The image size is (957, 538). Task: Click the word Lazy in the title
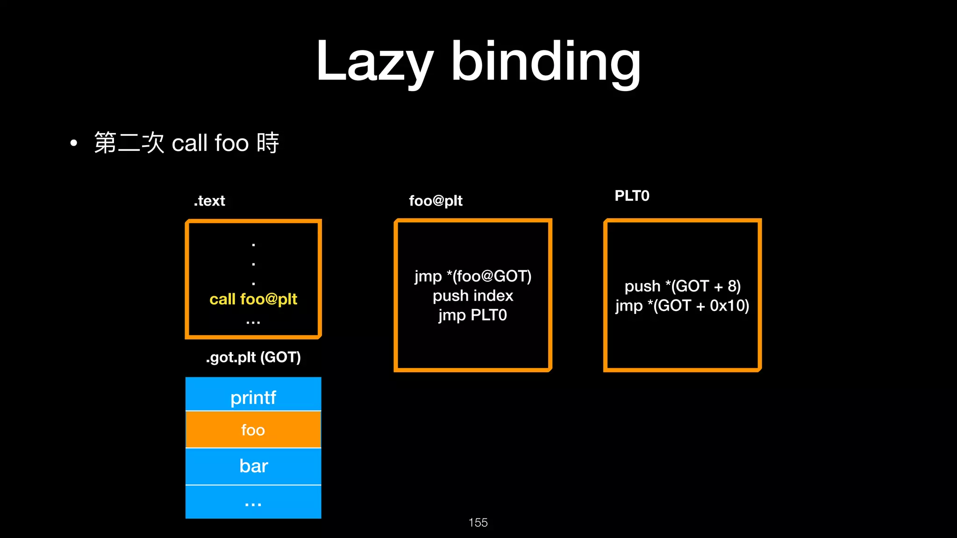tap(374, 62)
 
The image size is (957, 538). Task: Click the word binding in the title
tap(545, 62)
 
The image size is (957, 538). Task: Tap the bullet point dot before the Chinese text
tap(73, 143)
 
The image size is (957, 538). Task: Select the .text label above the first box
tap(209, 201)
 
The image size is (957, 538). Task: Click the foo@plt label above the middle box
tap(436, 201)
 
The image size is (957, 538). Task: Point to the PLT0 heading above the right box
tap(632, 196)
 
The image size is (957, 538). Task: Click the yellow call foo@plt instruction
tap(253, 299)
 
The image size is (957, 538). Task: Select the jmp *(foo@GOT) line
tap(473, 276)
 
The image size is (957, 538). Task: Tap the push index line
tap(473, 296)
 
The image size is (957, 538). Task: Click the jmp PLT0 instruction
tap(473, 315)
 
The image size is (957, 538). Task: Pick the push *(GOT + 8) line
tap(682, 286)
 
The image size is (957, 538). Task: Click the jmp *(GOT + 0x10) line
tap(682, 306)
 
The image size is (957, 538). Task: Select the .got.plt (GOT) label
tap(253, 357)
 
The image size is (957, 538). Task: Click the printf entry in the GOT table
tap(253, 397)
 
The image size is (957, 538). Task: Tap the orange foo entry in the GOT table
tap(253, 430)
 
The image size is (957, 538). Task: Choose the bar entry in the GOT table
tap(253, 466)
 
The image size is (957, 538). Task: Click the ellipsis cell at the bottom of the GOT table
tap(253, 503)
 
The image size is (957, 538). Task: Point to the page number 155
tap(478, 523)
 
